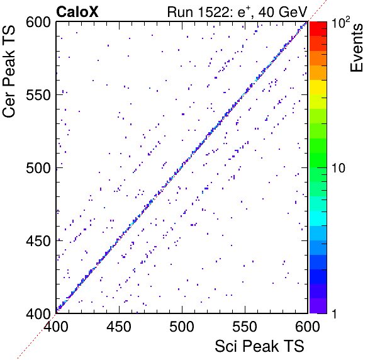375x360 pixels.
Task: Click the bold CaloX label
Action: click(x=77, y=12)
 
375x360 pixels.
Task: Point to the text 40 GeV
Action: click(x=283, y=12)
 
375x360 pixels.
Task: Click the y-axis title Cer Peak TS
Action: click(x=9, y=72)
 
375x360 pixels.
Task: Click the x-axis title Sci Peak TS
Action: click(x=259, y=346)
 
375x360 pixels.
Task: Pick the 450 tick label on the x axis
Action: click(x=119, y=327)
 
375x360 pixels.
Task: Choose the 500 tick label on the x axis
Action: click(x=182, y=327)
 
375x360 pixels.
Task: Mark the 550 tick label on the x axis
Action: click(x=245, y=327)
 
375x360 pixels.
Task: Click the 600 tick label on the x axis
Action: click(x=308, y=327)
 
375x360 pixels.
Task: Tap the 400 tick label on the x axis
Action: click(x=56, y=327)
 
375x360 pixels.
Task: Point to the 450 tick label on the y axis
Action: click(x=38, y=241)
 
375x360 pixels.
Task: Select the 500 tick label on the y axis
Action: click(x=38, y=168)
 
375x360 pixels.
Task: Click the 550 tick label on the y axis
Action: click(x=38, y=95)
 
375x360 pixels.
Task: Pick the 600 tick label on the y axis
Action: click(x=38, y=22)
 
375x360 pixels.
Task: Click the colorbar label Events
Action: click(x=357, y=48)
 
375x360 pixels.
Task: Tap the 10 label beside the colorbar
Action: click(x=339, y=168)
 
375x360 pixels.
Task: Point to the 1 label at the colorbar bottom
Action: click(x=334, y=313)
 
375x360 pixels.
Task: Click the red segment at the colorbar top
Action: click(x=318, y=29)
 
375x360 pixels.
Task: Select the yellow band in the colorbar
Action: click(x=318, y=87)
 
